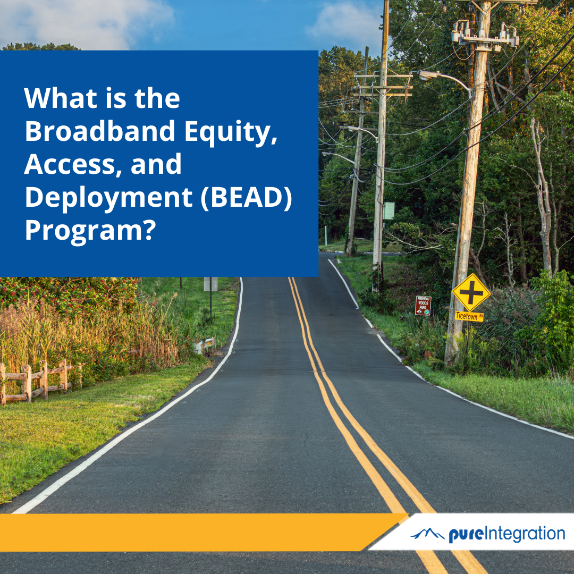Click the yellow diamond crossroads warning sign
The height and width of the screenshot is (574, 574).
(471, 292)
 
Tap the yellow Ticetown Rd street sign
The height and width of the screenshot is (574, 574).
(469, 316)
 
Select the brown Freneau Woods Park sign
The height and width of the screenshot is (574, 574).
(423, 306)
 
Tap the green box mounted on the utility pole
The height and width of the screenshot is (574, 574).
(389, 211)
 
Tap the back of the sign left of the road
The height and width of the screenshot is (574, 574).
(210, 284)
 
